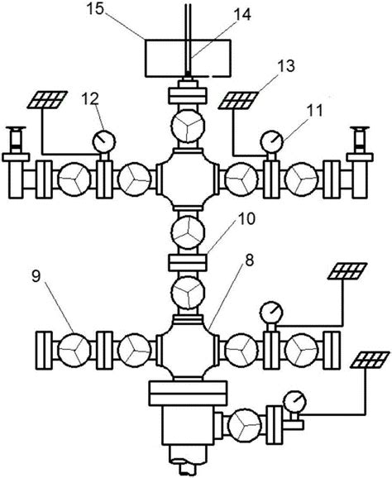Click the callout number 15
click(x=95, y=8)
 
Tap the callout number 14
click(x=242, y=14)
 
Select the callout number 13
click(x=286, y=66)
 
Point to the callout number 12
click(x=90, y=98)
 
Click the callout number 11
click(x=314, y=111)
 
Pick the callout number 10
click(x=246, y=218)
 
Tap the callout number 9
click(x=36, y=276)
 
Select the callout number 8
click(x=250, y=261)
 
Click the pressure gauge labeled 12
click(x=103, y=141)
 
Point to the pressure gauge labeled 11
click(x=271, y=141)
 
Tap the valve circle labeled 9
click(x=74, y=349)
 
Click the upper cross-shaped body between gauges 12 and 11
click(x=188, y=179)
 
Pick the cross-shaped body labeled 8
click(x=188, y=348)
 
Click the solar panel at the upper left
click(x=47, y=100)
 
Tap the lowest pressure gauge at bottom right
click(x=294, y=402)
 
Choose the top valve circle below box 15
click(x=188, y=126)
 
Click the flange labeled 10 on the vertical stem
click(x=188, y=263)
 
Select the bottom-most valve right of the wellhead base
click(x=245, y=425)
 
